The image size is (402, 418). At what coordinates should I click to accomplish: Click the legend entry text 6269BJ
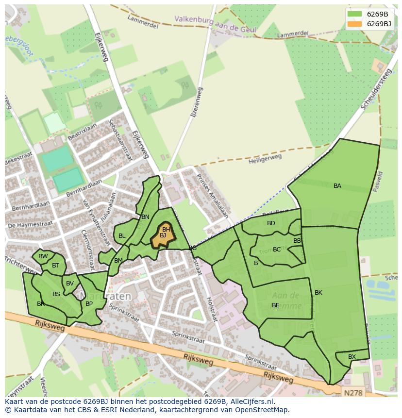379,24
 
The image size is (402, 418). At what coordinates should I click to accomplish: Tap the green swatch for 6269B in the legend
354,14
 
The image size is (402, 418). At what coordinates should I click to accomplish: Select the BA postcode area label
337,186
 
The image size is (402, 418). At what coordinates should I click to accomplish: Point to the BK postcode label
318,293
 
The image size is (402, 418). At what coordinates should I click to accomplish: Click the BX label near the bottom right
352,357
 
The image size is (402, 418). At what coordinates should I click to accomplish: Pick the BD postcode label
271,223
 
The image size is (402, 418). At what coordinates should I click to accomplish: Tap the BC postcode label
277,250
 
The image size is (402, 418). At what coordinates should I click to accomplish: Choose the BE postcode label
275,305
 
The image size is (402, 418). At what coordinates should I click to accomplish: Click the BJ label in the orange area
163,235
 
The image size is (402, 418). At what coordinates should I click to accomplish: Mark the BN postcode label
145,217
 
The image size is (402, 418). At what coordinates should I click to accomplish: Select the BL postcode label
122,236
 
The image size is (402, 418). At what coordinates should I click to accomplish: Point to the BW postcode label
43,256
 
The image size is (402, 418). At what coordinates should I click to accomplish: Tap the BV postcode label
70,284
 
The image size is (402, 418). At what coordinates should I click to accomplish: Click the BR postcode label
41,304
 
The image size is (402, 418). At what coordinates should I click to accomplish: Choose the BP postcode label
89,304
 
